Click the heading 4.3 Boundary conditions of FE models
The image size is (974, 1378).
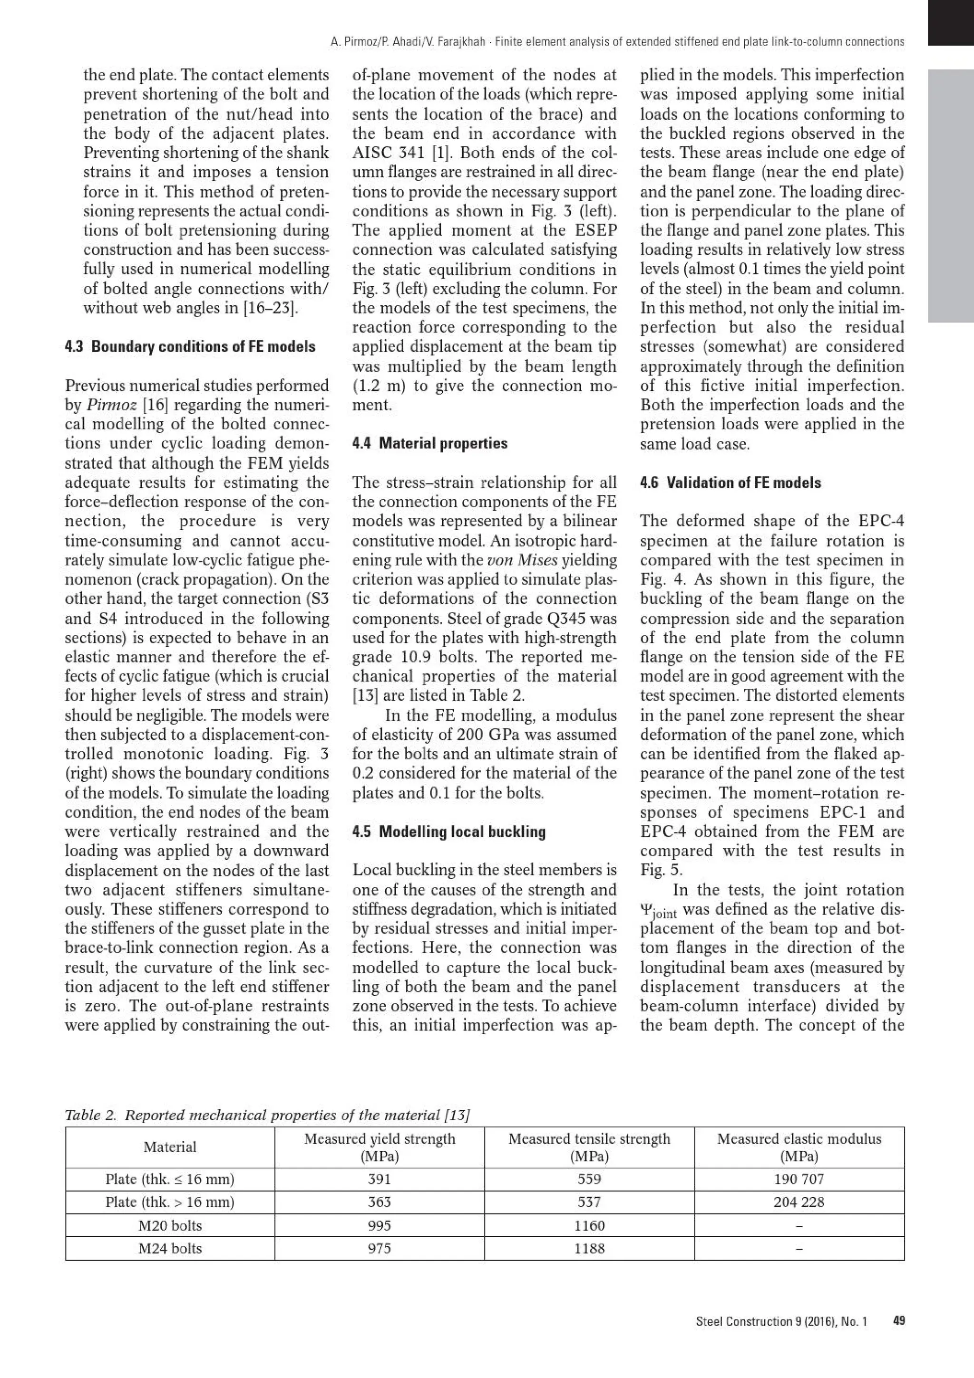click(x=190, y=347)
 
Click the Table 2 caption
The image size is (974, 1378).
click(x=267, y=1115)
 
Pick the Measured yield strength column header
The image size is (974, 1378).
click(x=379, y=1147)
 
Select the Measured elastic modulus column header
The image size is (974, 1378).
click(x=799, y=1147)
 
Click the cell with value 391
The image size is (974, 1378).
click(x=379, y=1179)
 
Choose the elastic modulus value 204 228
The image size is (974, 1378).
click(x=799, y=1202)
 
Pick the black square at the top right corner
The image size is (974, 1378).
click(x=951, y=22)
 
